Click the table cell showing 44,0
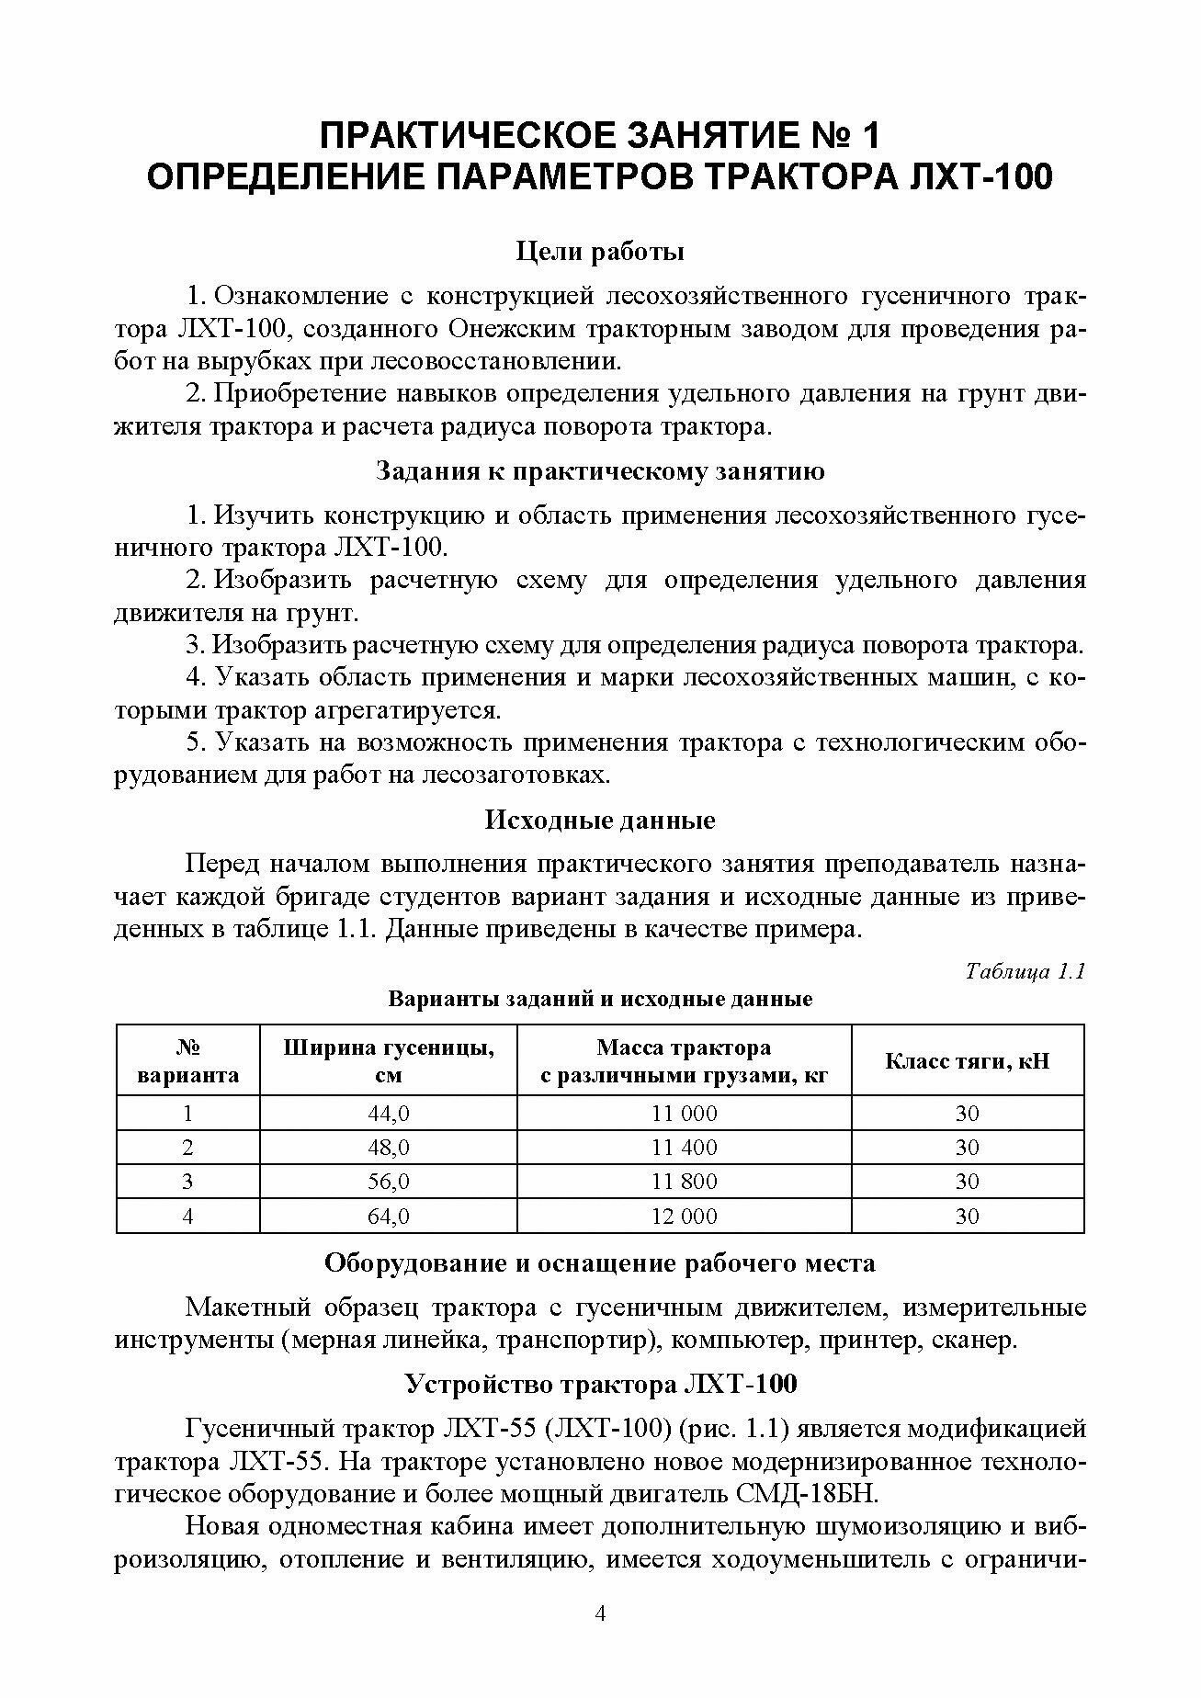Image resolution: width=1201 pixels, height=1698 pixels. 388,1113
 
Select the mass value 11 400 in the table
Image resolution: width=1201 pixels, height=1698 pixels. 684,1147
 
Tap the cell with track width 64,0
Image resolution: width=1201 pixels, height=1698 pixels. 388,1216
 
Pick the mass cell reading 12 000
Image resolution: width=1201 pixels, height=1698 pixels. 684,1216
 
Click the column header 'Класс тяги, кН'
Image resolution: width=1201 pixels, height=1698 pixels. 967,1061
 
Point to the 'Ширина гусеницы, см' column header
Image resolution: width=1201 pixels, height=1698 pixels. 388,1061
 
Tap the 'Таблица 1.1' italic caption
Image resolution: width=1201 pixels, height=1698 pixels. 1025,971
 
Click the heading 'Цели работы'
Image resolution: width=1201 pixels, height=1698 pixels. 600,251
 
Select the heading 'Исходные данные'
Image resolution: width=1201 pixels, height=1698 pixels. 600,820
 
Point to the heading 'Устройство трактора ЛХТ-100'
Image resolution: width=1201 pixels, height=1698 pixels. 600,1384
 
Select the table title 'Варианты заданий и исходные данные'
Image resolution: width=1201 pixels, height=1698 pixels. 600,999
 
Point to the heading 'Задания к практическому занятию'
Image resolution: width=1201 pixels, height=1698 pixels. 600,471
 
